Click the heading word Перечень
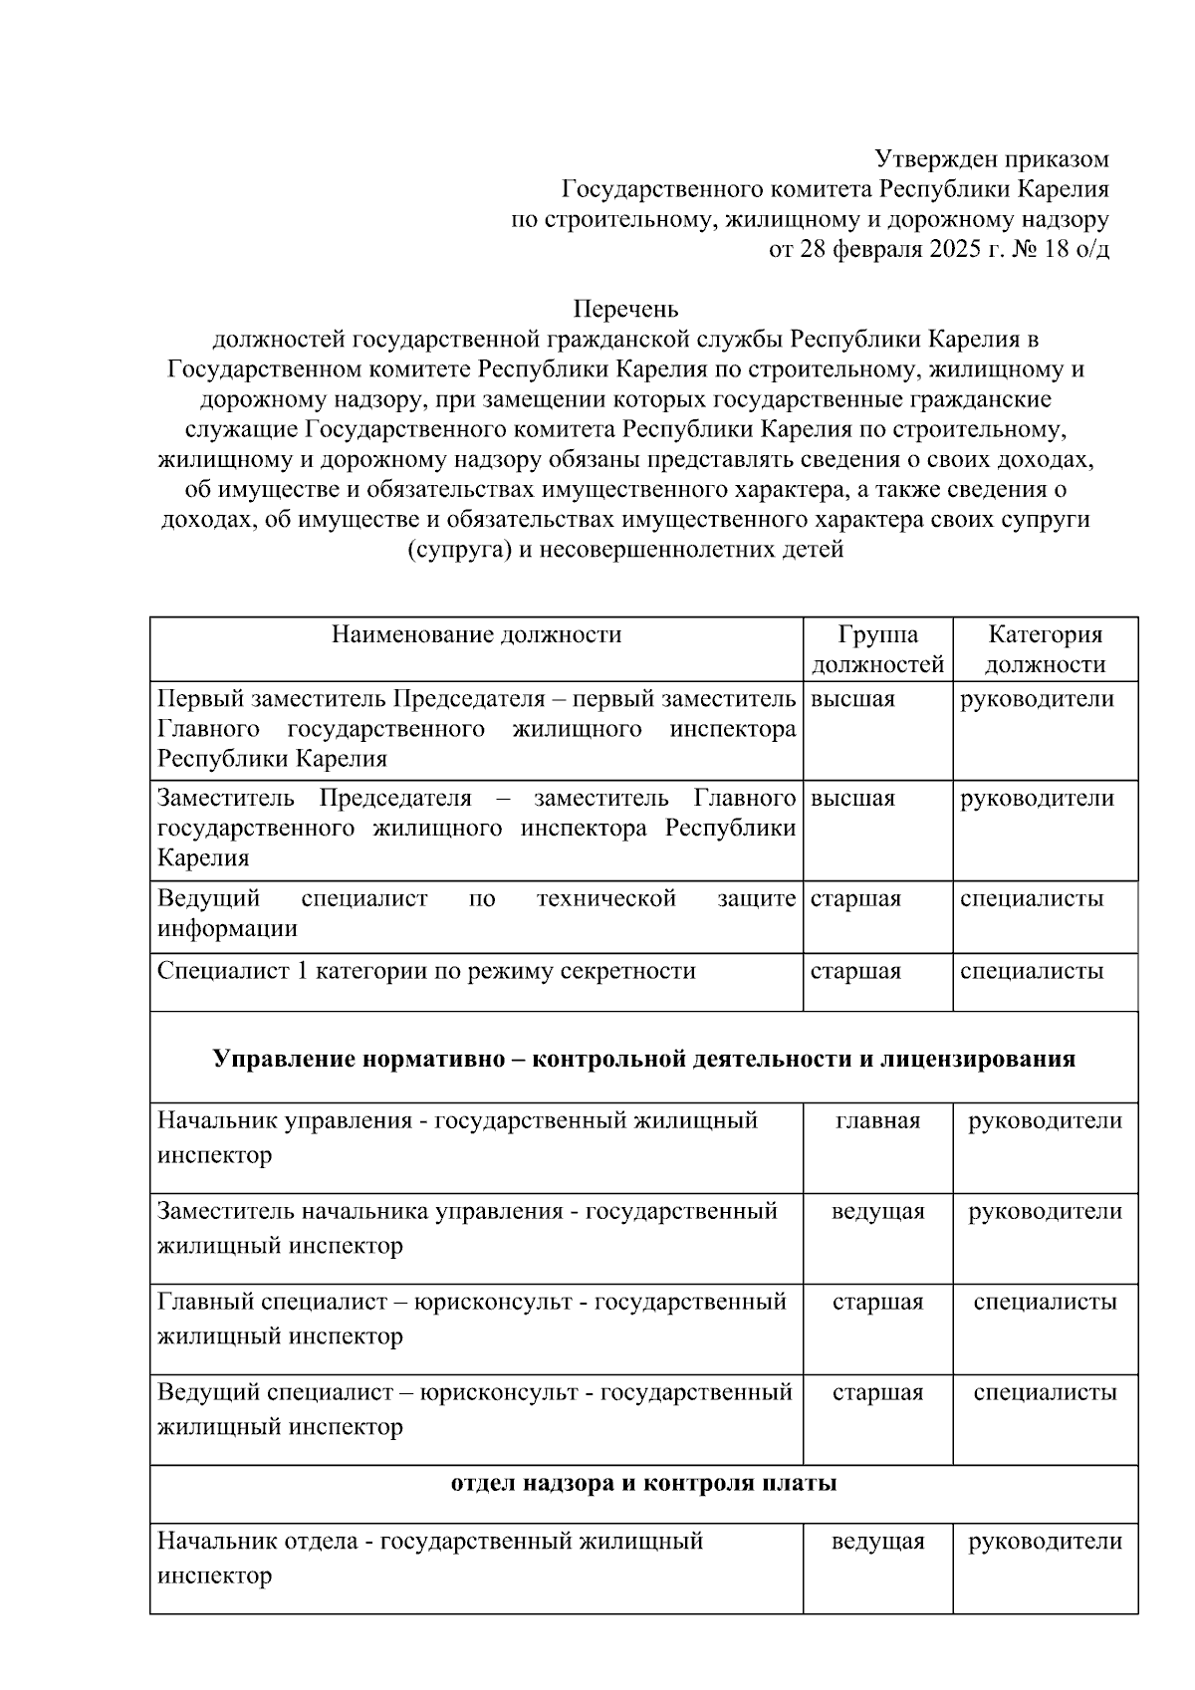pos(625,309)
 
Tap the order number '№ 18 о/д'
pos(1059,249)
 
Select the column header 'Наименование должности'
pos(476,634)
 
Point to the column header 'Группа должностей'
pos(877,649)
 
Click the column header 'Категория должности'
pos(1045,649)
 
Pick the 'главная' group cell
pos(877,1120)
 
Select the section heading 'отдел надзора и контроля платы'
pos(643,1483)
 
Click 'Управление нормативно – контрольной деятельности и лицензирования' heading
pos(643,1058)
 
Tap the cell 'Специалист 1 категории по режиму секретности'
pos(426,970)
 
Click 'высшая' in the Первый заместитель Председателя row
pos(852,699)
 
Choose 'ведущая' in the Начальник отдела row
pos(877,1541)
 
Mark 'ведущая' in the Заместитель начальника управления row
pos(877,1211)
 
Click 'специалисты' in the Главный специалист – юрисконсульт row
pos(1045,1302)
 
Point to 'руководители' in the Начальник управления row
pos(1045,1120)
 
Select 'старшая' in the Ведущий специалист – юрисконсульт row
pos(877,1392)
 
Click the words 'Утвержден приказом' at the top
pos(991,158)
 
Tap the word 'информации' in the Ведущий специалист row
pos(227,929)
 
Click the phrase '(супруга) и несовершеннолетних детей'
pos(625,550)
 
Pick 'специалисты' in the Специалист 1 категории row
pos(1031,970)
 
